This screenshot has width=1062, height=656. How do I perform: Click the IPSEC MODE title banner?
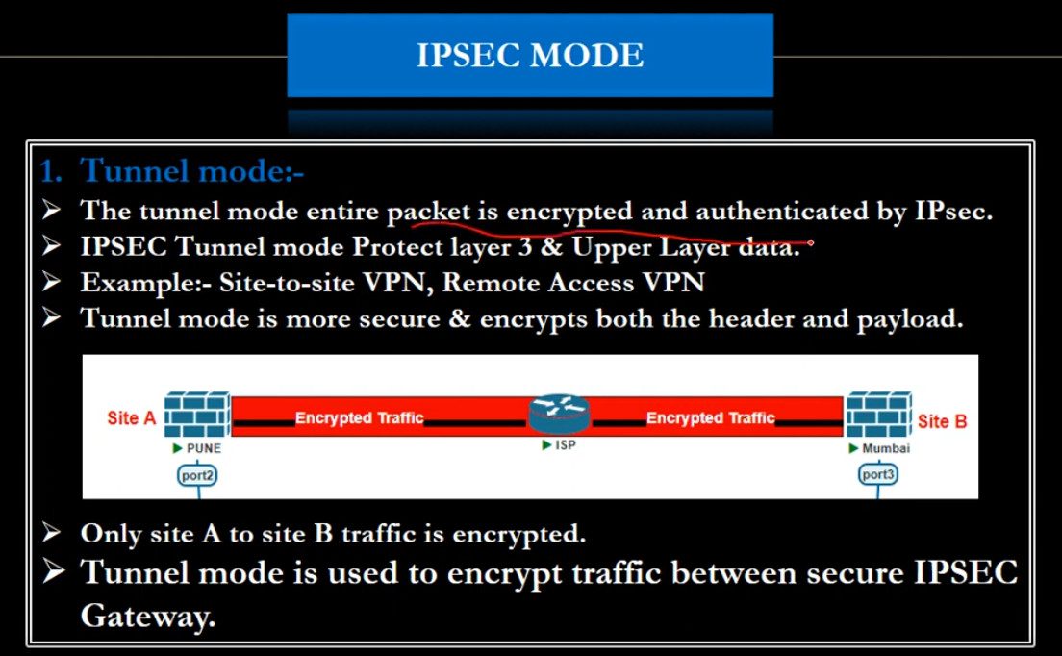pos(530,56)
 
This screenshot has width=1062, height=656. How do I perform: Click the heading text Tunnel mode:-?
pos(192,171)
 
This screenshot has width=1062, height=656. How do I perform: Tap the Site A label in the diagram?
pos(131,418)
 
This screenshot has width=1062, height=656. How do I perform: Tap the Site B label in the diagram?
pos(941,421)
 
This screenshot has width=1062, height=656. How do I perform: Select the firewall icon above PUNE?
pos(196,415)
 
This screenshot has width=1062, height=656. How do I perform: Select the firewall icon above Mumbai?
pos(877,415)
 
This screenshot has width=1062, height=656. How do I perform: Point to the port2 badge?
pos(198,474)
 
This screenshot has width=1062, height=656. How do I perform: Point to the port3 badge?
pos(878,474)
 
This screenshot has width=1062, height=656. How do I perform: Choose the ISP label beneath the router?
pos(565,445)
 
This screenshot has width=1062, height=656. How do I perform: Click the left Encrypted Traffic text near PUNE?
pos(359,418)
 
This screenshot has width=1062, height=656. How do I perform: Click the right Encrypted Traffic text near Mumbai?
pos(710,418)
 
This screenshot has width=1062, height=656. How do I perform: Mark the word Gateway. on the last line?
pos(148,617)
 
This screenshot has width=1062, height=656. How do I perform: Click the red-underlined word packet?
pos(428,212)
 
